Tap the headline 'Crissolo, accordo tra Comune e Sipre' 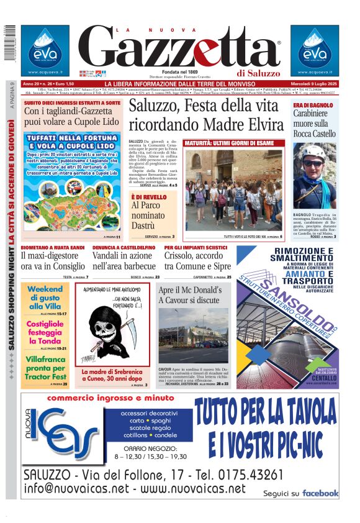(x=197, y=260)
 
